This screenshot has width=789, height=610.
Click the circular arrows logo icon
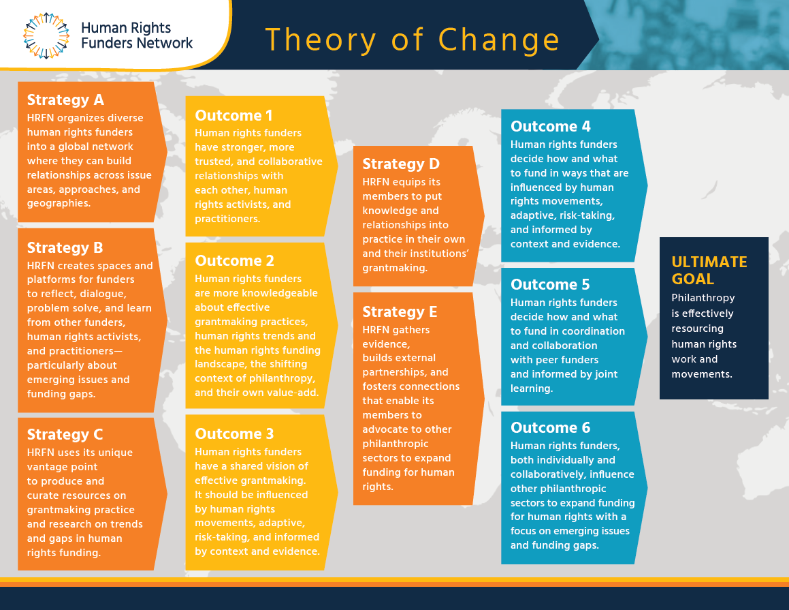point(46,35)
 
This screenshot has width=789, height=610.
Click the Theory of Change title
point(412,40)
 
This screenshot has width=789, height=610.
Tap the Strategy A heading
point(65,100)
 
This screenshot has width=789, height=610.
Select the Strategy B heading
point(65,248)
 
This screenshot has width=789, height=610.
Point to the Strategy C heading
point(65,434)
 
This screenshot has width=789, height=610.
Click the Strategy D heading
point(401,164)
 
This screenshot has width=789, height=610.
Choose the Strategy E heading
point(400,311)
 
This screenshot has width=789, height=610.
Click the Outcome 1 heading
point(234,115)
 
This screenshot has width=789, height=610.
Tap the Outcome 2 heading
point(234,260)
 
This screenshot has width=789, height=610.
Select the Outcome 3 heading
point(234,433)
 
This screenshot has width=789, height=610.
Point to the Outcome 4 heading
point(551,126)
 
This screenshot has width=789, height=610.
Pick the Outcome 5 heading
point(550,284)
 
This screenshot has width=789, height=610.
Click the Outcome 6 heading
point(551,427)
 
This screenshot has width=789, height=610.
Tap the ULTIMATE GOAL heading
point(709,271)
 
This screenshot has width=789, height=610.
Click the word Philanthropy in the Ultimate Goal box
point(703,299)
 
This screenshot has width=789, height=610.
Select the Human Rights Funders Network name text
point(136,35)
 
